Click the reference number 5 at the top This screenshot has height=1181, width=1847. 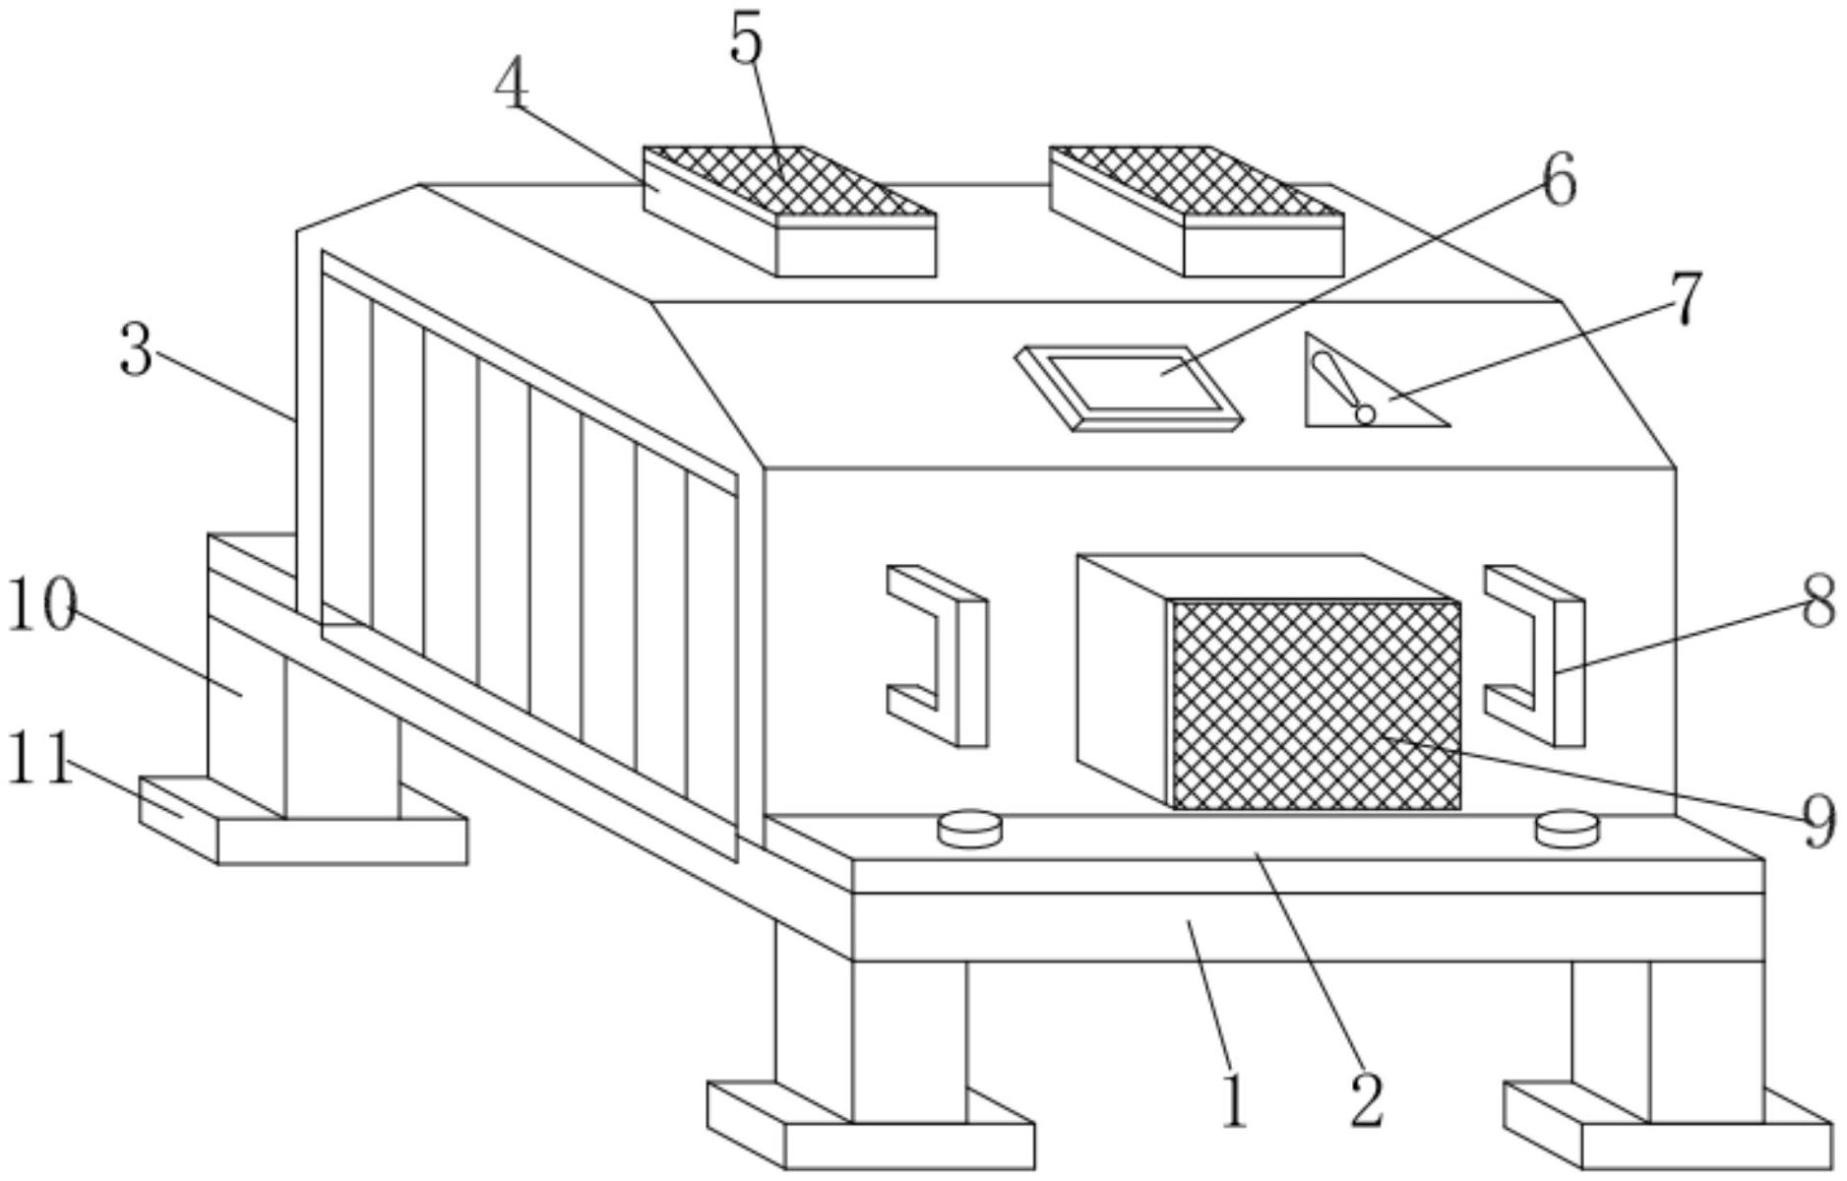pyautogui.click(x=746, y=41)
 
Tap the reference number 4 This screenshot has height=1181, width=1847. pyautogui.click(x=512, y=86)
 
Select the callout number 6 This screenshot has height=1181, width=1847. pyautogui.click(x=1559, y=180)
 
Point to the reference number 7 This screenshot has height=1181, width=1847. pyautogui.click(x=1687, y=299)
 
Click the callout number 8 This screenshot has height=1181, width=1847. pyautogui.click(x=1819, y=601)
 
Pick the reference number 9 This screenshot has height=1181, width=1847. pyautogui.click(x=1819, y=821)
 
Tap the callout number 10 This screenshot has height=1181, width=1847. pyautogui.click(x=41, y=606)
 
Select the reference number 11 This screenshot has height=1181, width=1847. pyautogui.click(x=39, y=759)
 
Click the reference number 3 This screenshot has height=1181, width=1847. pyautogui.click(x=137, y=350)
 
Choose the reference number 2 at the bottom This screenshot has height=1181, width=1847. pyautogui.click(x=1367, y=1099)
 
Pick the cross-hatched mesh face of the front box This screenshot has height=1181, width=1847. pyautogui.click(x=1317, y=706)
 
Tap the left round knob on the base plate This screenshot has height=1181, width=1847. pyautogui.click(x=969, y=827)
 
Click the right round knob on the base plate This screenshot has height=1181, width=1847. pyautogui.click(x=1568, y=827)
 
